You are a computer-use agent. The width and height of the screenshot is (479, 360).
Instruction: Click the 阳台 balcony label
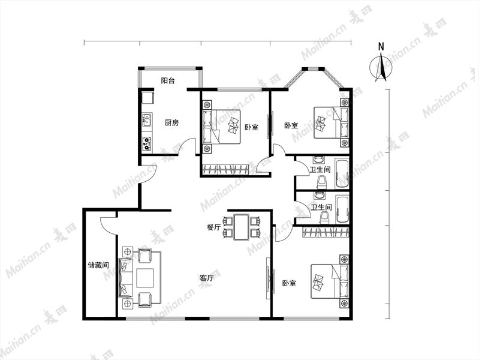point(168,81)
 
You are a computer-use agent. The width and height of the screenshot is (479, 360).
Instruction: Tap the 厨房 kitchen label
point(171,123)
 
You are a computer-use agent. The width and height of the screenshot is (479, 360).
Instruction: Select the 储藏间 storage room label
point(98,265)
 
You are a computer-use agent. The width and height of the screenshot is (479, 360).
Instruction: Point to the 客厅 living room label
point(206,278)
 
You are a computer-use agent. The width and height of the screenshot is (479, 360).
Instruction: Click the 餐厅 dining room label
point(214,227)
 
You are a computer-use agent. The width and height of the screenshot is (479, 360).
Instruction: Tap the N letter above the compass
point(381,47)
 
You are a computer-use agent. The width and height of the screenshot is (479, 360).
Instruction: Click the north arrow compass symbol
point(381,67)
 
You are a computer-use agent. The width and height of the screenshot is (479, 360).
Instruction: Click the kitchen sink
point(147,120)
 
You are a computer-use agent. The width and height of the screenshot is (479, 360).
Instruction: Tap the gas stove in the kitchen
point(147,143)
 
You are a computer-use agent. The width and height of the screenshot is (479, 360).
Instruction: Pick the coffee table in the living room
point(145,278)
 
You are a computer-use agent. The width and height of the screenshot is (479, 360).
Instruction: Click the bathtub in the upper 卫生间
point(342,173)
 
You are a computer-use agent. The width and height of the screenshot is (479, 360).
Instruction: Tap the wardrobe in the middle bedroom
point(226,169)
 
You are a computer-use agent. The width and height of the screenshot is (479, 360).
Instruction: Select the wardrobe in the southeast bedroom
point(326,232)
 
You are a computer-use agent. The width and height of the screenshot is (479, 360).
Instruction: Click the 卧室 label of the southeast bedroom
point(289,283)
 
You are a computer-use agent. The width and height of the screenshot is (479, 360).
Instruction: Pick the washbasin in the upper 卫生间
point(320,160)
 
